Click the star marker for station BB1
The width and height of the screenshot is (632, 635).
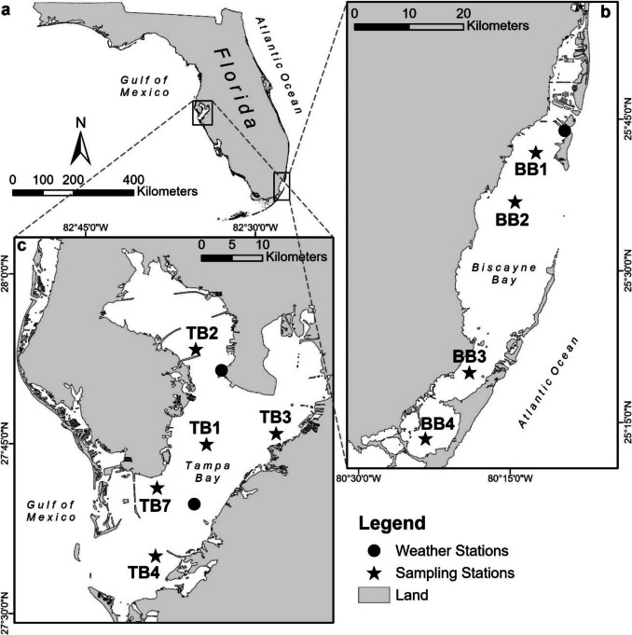tap(535, 153)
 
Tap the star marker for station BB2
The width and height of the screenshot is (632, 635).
tap(515, 202)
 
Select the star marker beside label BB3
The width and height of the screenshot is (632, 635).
tap(470, 373)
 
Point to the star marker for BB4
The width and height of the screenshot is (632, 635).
tap(425, 438)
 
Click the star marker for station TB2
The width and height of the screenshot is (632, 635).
tap(196, 349)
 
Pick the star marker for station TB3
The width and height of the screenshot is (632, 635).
tap(276, 434)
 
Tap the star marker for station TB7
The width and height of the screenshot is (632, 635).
tap(157, 488)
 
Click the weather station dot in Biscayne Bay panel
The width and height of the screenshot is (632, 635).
tap(564, 131)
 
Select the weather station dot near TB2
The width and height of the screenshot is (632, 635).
tap(221, 371)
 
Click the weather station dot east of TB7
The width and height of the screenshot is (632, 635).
tap(194, 504)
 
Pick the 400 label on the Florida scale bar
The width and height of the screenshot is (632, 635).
tap(134, 177)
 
